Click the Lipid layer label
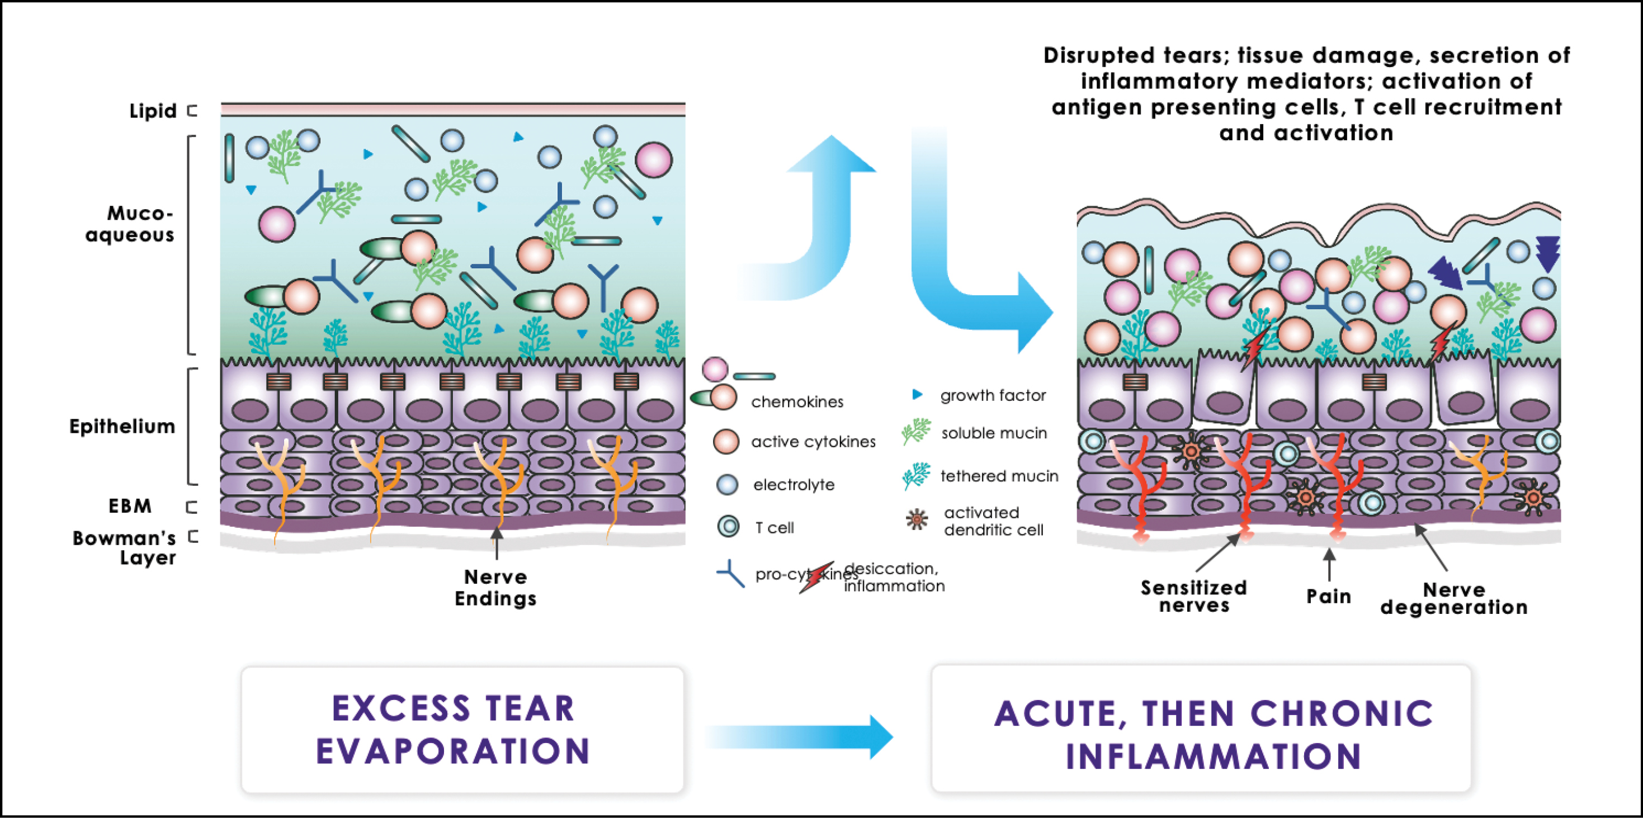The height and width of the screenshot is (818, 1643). pyautogui.click(x=153, y=111)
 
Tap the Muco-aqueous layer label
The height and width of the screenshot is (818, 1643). pyautogui.click(x=130, y=224)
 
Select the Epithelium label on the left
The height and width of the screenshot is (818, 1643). pyautogui.click(x=122, y=426)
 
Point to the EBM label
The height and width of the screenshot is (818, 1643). pyautogui.click(x=130, y=506)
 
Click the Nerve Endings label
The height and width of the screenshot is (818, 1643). pyautogui.click(x=495, y=588)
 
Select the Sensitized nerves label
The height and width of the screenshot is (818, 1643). pyautogui.click(x=1193, y=596)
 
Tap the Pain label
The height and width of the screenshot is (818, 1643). pyautogui.click(x=1329, y=597)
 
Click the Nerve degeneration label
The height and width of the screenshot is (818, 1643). pyautogui.click(x=1453, y=599)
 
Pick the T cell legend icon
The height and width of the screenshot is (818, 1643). pyautogui.click(x=728, y=527)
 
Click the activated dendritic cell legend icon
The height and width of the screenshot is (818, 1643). pyautogui.click(x=917, y=520)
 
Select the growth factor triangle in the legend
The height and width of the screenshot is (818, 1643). pyautogui.click(x=917, y=395)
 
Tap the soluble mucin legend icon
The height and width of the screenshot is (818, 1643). pyautogui.click(x=917, y=432)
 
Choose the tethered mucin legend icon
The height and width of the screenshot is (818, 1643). pyautogui.click(x=917, y=476)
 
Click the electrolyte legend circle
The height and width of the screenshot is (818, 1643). pyautogui.click(x=727, y=485)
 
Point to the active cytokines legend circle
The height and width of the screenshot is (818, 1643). pyautogui.click(x=726, y=441)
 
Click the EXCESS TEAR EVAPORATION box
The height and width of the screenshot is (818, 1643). pyautogui.click(x=462, y=730)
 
